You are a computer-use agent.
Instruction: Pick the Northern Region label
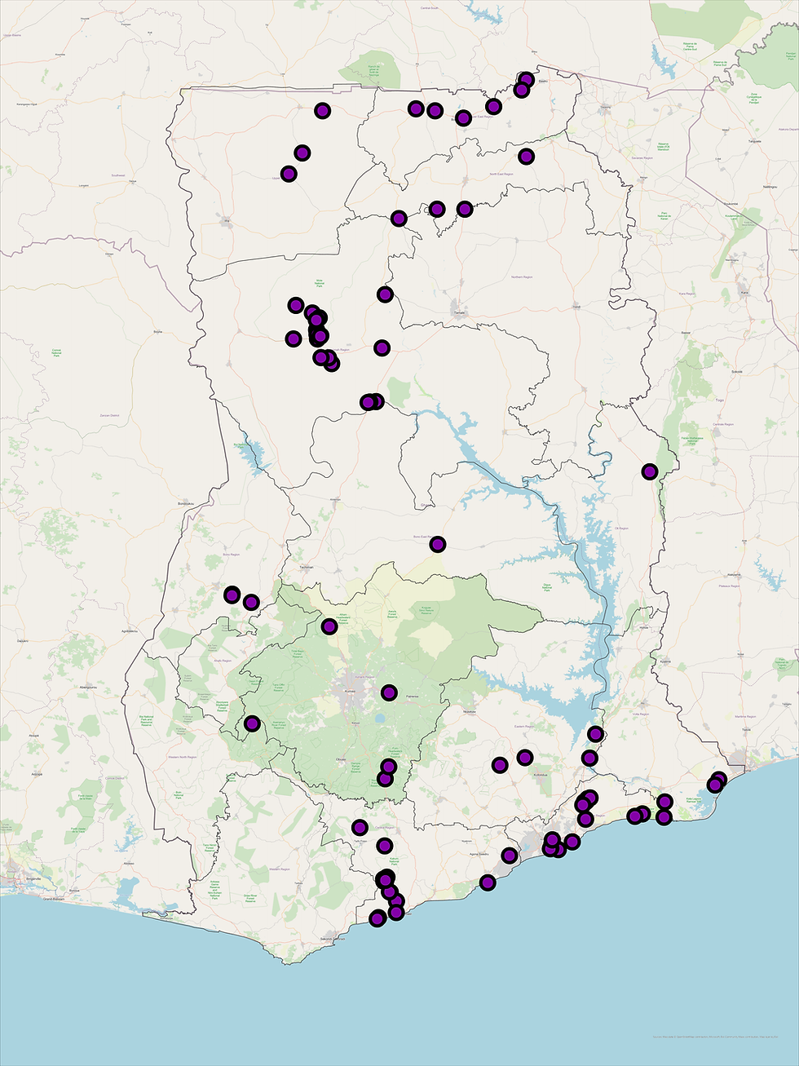point(522,277)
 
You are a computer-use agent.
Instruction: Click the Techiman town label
point(307,567)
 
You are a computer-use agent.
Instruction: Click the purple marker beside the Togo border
point(649,471)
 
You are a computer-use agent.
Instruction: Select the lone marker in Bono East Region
point(438,544)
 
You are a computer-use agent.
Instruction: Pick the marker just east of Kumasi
point(389,693)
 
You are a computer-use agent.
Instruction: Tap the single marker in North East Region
point(526,156)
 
